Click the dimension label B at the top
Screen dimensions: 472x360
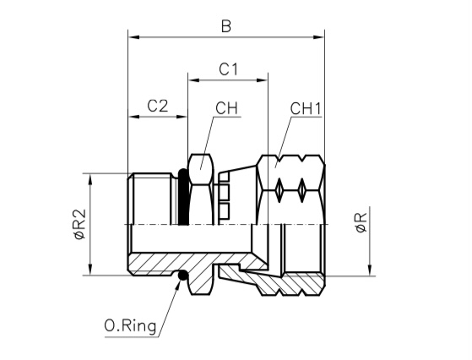(x=226, y=26)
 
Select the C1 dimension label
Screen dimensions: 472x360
(x=228, y=69)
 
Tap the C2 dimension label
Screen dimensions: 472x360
(x=157, y=106)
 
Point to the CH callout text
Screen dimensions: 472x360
(x=226, y=108)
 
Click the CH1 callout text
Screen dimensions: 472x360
(x=306, y=108)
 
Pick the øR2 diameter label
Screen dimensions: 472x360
(x=80, y=225)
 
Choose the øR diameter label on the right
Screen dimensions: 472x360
(x=361, y=222)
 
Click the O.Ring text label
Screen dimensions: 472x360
(x=130, y=326)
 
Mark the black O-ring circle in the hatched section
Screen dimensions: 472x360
(x=182, y=275)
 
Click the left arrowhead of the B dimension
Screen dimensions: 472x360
(x=133, y=37)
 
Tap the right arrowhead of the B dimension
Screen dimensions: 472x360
(x=319, y=37)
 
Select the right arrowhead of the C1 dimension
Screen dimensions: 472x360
(x=262, y=80)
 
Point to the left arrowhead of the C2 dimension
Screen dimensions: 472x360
(x=134, y=117)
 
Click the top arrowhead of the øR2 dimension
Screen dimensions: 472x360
(x=90, y=179)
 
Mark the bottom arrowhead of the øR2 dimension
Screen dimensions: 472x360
(x=90, y=270)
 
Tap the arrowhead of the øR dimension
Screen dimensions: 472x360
(x=371, y=270)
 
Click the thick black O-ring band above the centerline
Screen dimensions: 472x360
(x=183, y=197)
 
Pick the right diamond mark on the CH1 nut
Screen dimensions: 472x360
(x=302, y=190)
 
